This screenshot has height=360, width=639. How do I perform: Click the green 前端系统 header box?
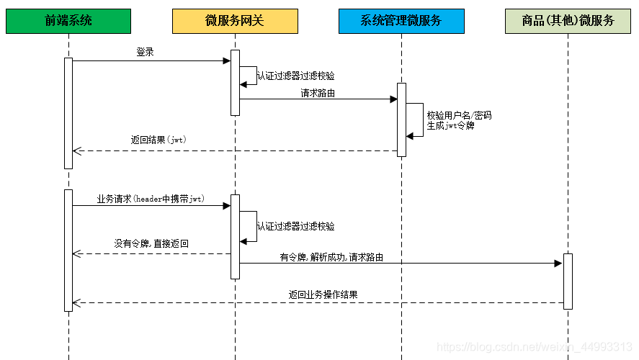pos(68,21)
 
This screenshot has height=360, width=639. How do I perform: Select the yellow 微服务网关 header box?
pos(234,21)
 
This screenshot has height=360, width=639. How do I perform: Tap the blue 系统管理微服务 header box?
pos(401,21)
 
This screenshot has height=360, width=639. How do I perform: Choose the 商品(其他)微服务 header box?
pos(568,21)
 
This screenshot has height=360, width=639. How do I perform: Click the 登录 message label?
pos(145,52)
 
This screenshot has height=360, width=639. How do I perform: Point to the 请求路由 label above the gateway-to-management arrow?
pos(318,93)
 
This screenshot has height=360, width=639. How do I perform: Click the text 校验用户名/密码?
pos(459,115)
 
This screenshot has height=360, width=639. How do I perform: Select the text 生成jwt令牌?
pos(451,125)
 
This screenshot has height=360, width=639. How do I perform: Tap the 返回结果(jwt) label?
pos(158,140)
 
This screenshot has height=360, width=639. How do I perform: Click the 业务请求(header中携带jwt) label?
pos(151,199)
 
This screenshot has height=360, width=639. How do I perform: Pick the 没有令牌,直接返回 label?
pos(151,243)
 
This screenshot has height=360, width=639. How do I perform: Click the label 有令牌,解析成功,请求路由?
pos(331,256)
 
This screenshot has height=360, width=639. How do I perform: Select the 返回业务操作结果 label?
pos(323,294)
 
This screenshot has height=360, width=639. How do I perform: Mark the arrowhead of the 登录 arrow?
pos(226,61)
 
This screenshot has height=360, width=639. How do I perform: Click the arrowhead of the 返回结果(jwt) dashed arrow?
pos(77,151)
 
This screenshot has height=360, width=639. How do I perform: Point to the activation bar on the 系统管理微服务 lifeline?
pos(401,120)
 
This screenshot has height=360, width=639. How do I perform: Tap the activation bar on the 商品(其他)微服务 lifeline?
pos(568,281)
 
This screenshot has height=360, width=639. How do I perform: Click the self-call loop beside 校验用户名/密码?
pos(416,119)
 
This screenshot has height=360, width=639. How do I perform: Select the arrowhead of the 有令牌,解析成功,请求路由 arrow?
pos(558,264)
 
